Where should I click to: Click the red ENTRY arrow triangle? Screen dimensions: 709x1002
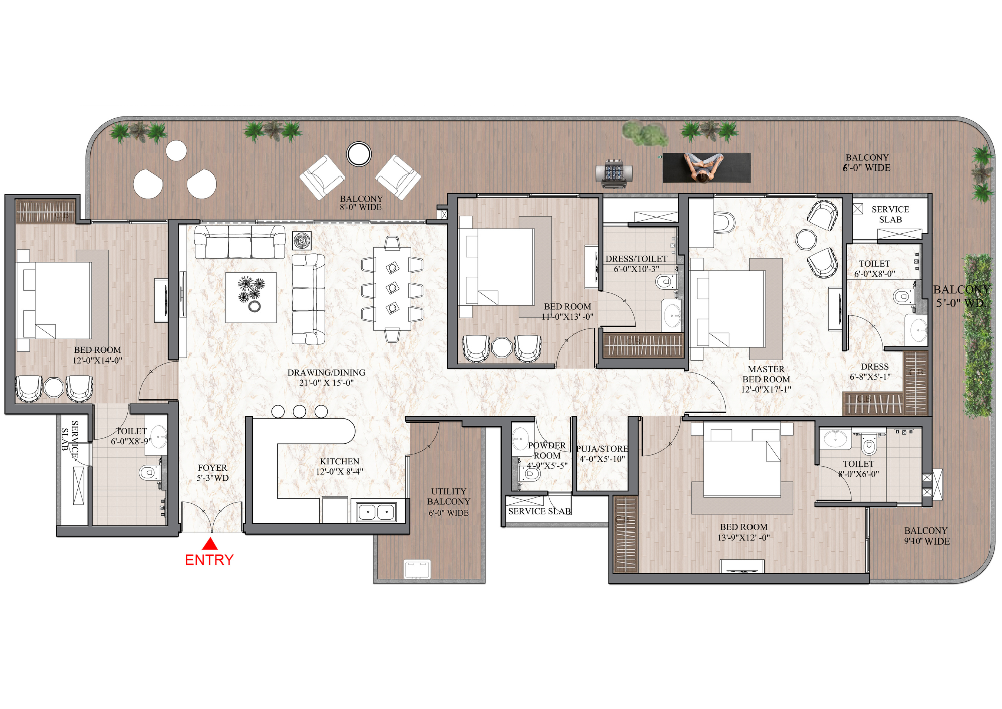pyautogui.click(x=210, y=544)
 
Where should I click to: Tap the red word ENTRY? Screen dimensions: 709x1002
pyautogui.click(x=209, y=560)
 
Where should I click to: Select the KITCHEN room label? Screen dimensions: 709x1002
pyautogui.click(x=339, y=462)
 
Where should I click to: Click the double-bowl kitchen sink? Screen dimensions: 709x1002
pyautogui.click(x=376, y=512)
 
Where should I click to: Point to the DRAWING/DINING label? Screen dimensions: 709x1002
pyautogui.click(x=326, y=373)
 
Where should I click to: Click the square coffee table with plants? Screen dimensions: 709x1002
pyautogui.click(x=250, y=297)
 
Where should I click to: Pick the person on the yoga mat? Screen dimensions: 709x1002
pyautogui.click(x=704, y=167)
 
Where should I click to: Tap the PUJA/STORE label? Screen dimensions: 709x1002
pyautogui.click(x=602, y=449)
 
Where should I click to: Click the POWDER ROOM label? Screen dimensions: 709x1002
pyautogui.click(x=547, y=450)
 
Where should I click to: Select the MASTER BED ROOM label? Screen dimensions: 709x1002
pyautogui.click(x=766, y=374)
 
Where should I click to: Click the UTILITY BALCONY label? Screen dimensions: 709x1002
pyautogui.click(x=449, y=496)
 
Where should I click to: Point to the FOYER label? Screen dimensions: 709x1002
pyautogui.click(x=212, y=468)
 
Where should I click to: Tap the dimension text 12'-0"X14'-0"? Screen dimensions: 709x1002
pyautogui.click(x=97, y=361)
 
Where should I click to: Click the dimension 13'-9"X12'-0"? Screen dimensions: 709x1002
pyautogui.click(x=743, y=538)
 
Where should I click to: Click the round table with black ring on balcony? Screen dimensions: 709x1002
pyautogui.click(x=359, y=154)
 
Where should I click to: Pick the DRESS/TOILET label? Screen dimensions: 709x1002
pyautogui.click(x=636, y=259)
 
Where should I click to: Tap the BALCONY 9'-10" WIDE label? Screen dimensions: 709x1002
pyautogui.click(x=926, y=536)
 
